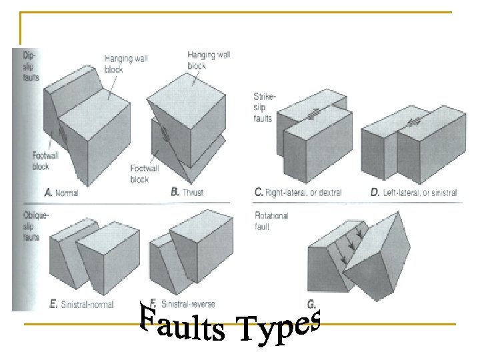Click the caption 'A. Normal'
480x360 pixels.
click(x=61, y=193)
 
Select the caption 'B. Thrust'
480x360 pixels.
click(x=187, y=192)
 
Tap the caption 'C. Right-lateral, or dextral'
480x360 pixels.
click(x=298, y=193)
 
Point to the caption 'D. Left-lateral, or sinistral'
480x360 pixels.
click(x=414, y=193)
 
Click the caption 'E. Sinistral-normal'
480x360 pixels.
click(x=82, y=305)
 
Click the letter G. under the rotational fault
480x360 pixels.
click(x=311, y=304)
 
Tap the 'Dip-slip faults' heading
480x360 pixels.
click(x=31, y=66)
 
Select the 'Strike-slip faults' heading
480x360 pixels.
click(x=265, y=107)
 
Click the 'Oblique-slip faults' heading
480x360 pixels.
click(x=33, y=227)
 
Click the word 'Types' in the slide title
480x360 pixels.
click(x=280, y=327)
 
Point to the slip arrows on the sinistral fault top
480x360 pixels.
click(x=414, y=122)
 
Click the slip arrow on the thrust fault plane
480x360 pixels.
click(x=164, y=133)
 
